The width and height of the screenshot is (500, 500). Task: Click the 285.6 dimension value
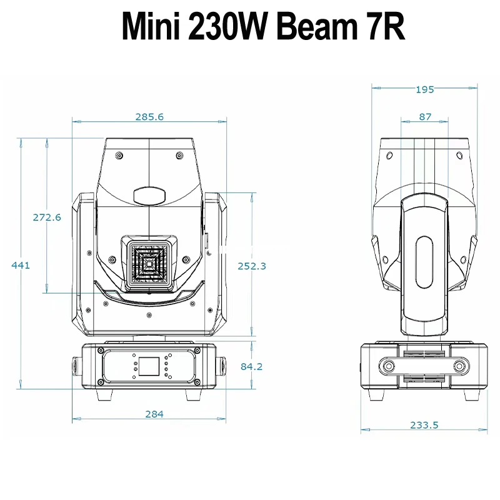click(x=149, y=117)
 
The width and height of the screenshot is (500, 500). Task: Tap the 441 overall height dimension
click(x=21, y=265)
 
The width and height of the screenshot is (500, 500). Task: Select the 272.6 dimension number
click(x=47, y=217)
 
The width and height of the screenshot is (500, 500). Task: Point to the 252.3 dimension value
click(x=252, y=266)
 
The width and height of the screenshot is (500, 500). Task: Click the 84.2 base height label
click(x=252, y=366)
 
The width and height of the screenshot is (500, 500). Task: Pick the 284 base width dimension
click(x=154, y=414)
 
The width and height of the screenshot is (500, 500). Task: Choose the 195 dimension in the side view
click(x=425, y=89)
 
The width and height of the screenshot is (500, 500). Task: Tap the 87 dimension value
click(x=425, y=117)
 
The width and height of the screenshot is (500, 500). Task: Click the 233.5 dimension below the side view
click(x=424, y=425)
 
